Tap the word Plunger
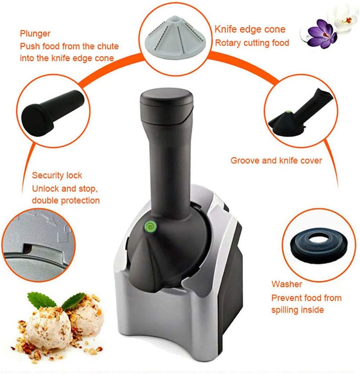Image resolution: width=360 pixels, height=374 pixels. (35, 34)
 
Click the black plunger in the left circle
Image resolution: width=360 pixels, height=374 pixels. (51, 111)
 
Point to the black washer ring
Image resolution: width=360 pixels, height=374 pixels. (318, 244)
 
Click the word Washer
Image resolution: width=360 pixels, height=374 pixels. (287, 284)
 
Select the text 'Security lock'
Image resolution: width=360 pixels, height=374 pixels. (57, 175)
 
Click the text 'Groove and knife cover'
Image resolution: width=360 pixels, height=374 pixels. (276, 160)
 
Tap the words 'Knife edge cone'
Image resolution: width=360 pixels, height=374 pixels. (250, 30)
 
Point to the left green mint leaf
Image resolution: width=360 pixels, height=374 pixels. (41, 300)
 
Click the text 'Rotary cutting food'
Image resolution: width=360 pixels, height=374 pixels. (252, 43)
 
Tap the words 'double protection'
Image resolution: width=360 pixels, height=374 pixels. (66, 201)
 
